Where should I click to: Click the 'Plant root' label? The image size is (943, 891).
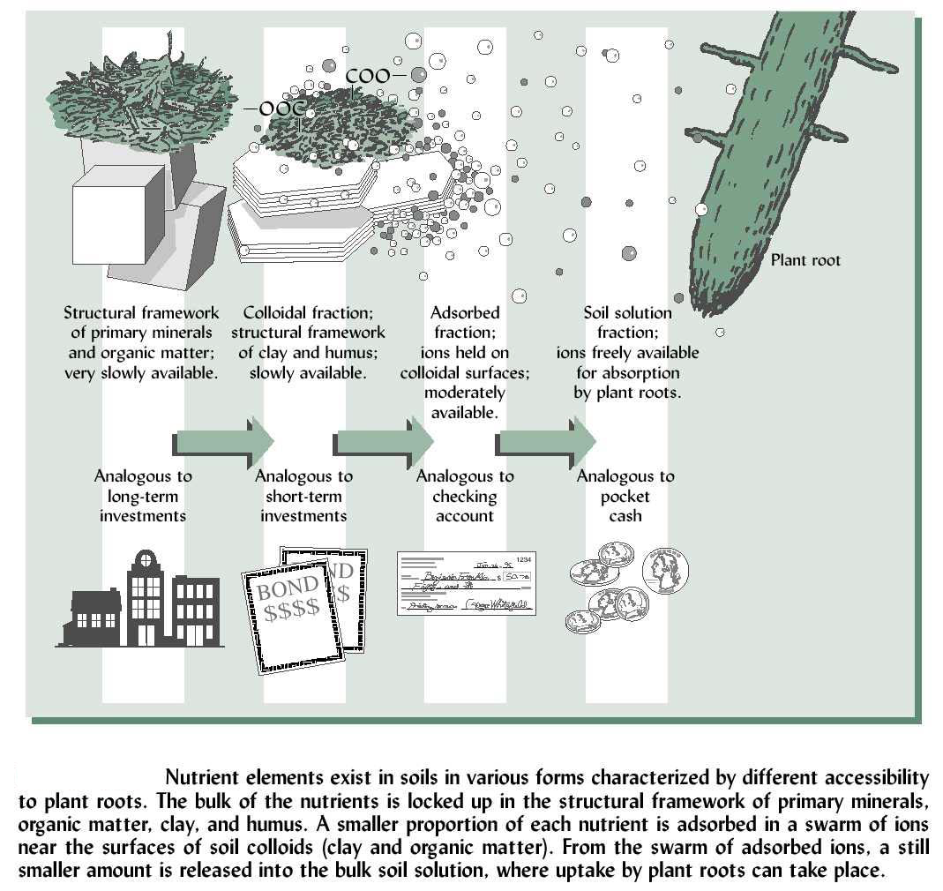[x=805, y=260]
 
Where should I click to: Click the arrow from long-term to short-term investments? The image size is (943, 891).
[x=225, y=439]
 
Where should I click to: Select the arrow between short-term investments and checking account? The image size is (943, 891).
[x=385, y=439]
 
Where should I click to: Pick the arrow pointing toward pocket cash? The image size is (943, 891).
[x=547, y=439]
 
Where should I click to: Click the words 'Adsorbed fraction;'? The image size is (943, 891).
[x=465, y=323]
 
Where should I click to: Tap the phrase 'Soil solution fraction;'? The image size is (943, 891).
[x=627, y=323]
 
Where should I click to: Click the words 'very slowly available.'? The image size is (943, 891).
[x=140, y=372]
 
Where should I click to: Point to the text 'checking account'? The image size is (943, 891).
[x=465, y=506]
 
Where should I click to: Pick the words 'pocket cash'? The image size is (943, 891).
[x=625, y=506]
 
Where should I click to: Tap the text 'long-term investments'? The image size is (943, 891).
[x=143, y=506]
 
